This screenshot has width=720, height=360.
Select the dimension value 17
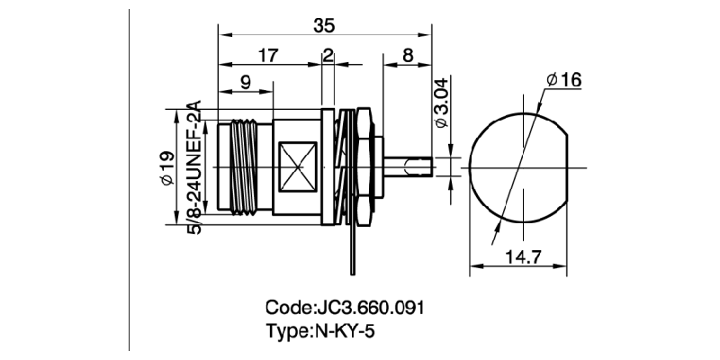[268, 56]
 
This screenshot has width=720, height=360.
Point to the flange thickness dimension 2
[327, 56]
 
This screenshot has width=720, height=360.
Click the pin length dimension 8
[408, 56]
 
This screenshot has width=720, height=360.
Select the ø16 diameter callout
[563, 80]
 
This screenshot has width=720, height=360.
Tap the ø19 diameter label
[165, 168]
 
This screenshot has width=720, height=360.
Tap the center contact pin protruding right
[409, 167]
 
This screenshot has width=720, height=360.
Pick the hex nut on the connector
[362, 167]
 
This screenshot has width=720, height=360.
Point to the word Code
[288, 306]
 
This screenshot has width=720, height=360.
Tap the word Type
[287, 329]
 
